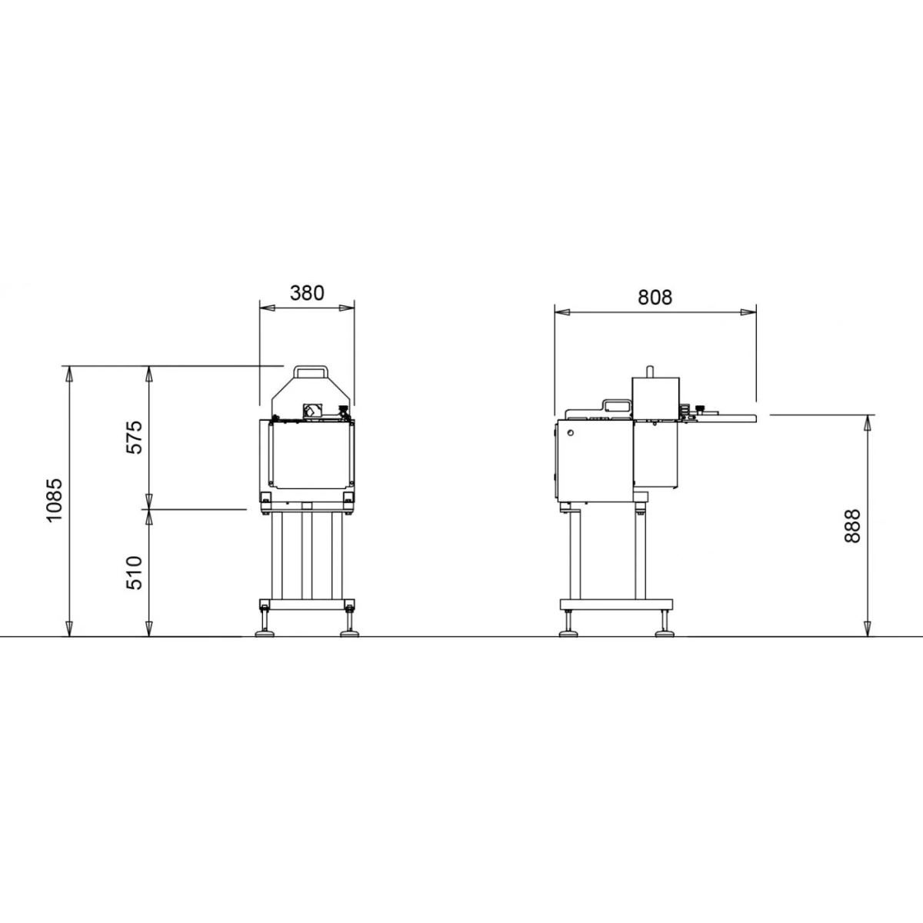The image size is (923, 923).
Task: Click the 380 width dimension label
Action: pos(307,292)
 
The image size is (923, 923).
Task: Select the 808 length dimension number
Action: pos(655,298)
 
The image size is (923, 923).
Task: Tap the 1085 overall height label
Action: pos(54,500)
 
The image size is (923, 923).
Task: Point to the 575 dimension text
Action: pos(134,438)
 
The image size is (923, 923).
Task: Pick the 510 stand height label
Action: pos(134,573)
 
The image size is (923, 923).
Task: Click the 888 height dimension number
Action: pos(852,526)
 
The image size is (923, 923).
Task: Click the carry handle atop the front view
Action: pos(311,372)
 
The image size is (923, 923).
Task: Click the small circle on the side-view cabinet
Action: pos(570,433)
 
